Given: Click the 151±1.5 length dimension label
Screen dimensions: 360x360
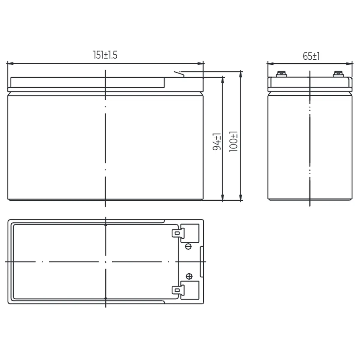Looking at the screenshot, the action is tap(105, 55).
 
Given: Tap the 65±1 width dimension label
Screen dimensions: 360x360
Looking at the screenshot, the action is tap(311, 56).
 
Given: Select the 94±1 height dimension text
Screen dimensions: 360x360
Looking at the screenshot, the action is tap(217, 142).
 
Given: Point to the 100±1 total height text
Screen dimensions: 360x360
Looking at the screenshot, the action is tap(233, 141).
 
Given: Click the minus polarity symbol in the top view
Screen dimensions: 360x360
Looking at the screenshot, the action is tap(188, 246).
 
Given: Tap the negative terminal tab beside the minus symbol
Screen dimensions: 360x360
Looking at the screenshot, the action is tap(178, 233).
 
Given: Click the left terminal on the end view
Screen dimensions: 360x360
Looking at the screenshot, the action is tap(281, 74).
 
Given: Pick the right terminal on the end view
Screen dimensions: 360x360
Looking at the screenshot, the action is tap(338, 74).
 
